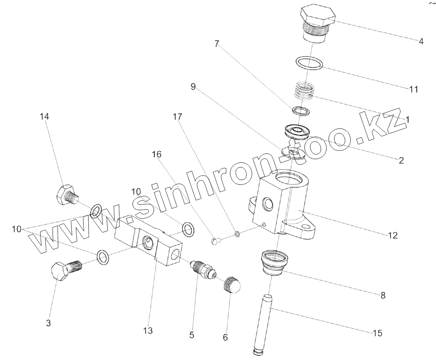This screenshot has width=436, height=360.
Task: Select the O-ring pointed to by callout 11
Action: click(309, 63)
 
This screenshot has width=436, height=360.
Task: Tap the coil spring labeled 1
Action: click(304, 91)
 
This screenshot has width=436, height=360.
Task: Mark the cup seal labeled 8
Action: click(275, 263)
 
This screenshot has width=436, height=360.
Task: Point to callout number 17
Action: click(177, 117)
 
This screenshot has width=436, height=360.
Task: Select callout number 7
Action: click(216, 44)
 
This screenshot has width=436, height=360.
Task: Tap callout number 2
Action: click(401, 160)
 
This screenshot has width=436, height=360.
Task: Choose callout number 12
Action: click(393, 235)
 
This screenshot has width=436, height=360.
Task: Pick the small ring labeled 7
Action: click(301, 111)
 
